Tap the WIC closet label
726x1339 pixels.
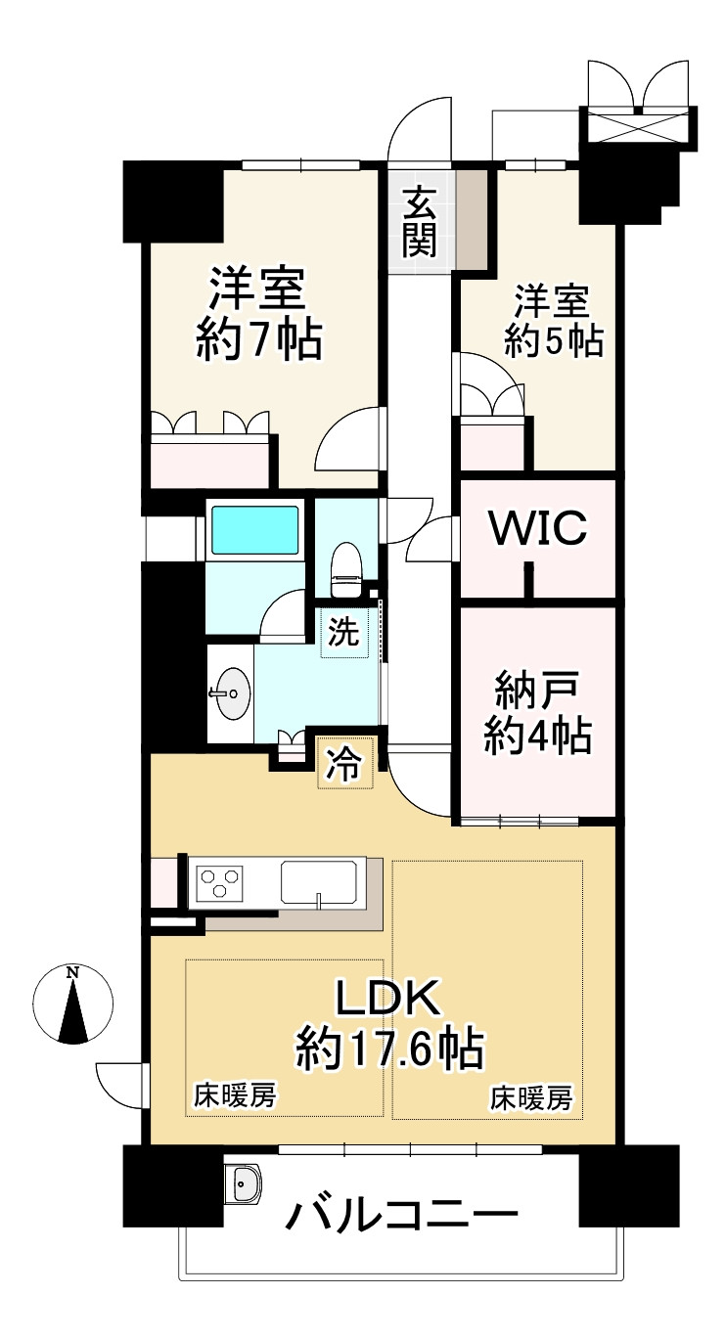537,528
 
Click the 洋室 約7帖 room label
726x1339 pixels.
258,314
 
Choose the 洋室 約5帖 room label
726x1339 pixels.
553,320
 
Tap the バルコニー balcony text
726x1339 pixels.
401,1216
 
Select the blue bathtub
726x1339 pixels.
255,531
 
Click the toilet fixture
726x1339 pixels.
345,570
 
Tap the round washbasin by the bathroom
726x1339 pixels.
231,693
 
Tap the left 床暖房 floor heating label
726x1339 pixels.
234,1097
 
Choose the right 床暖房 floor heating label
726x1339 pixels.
530,1099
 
